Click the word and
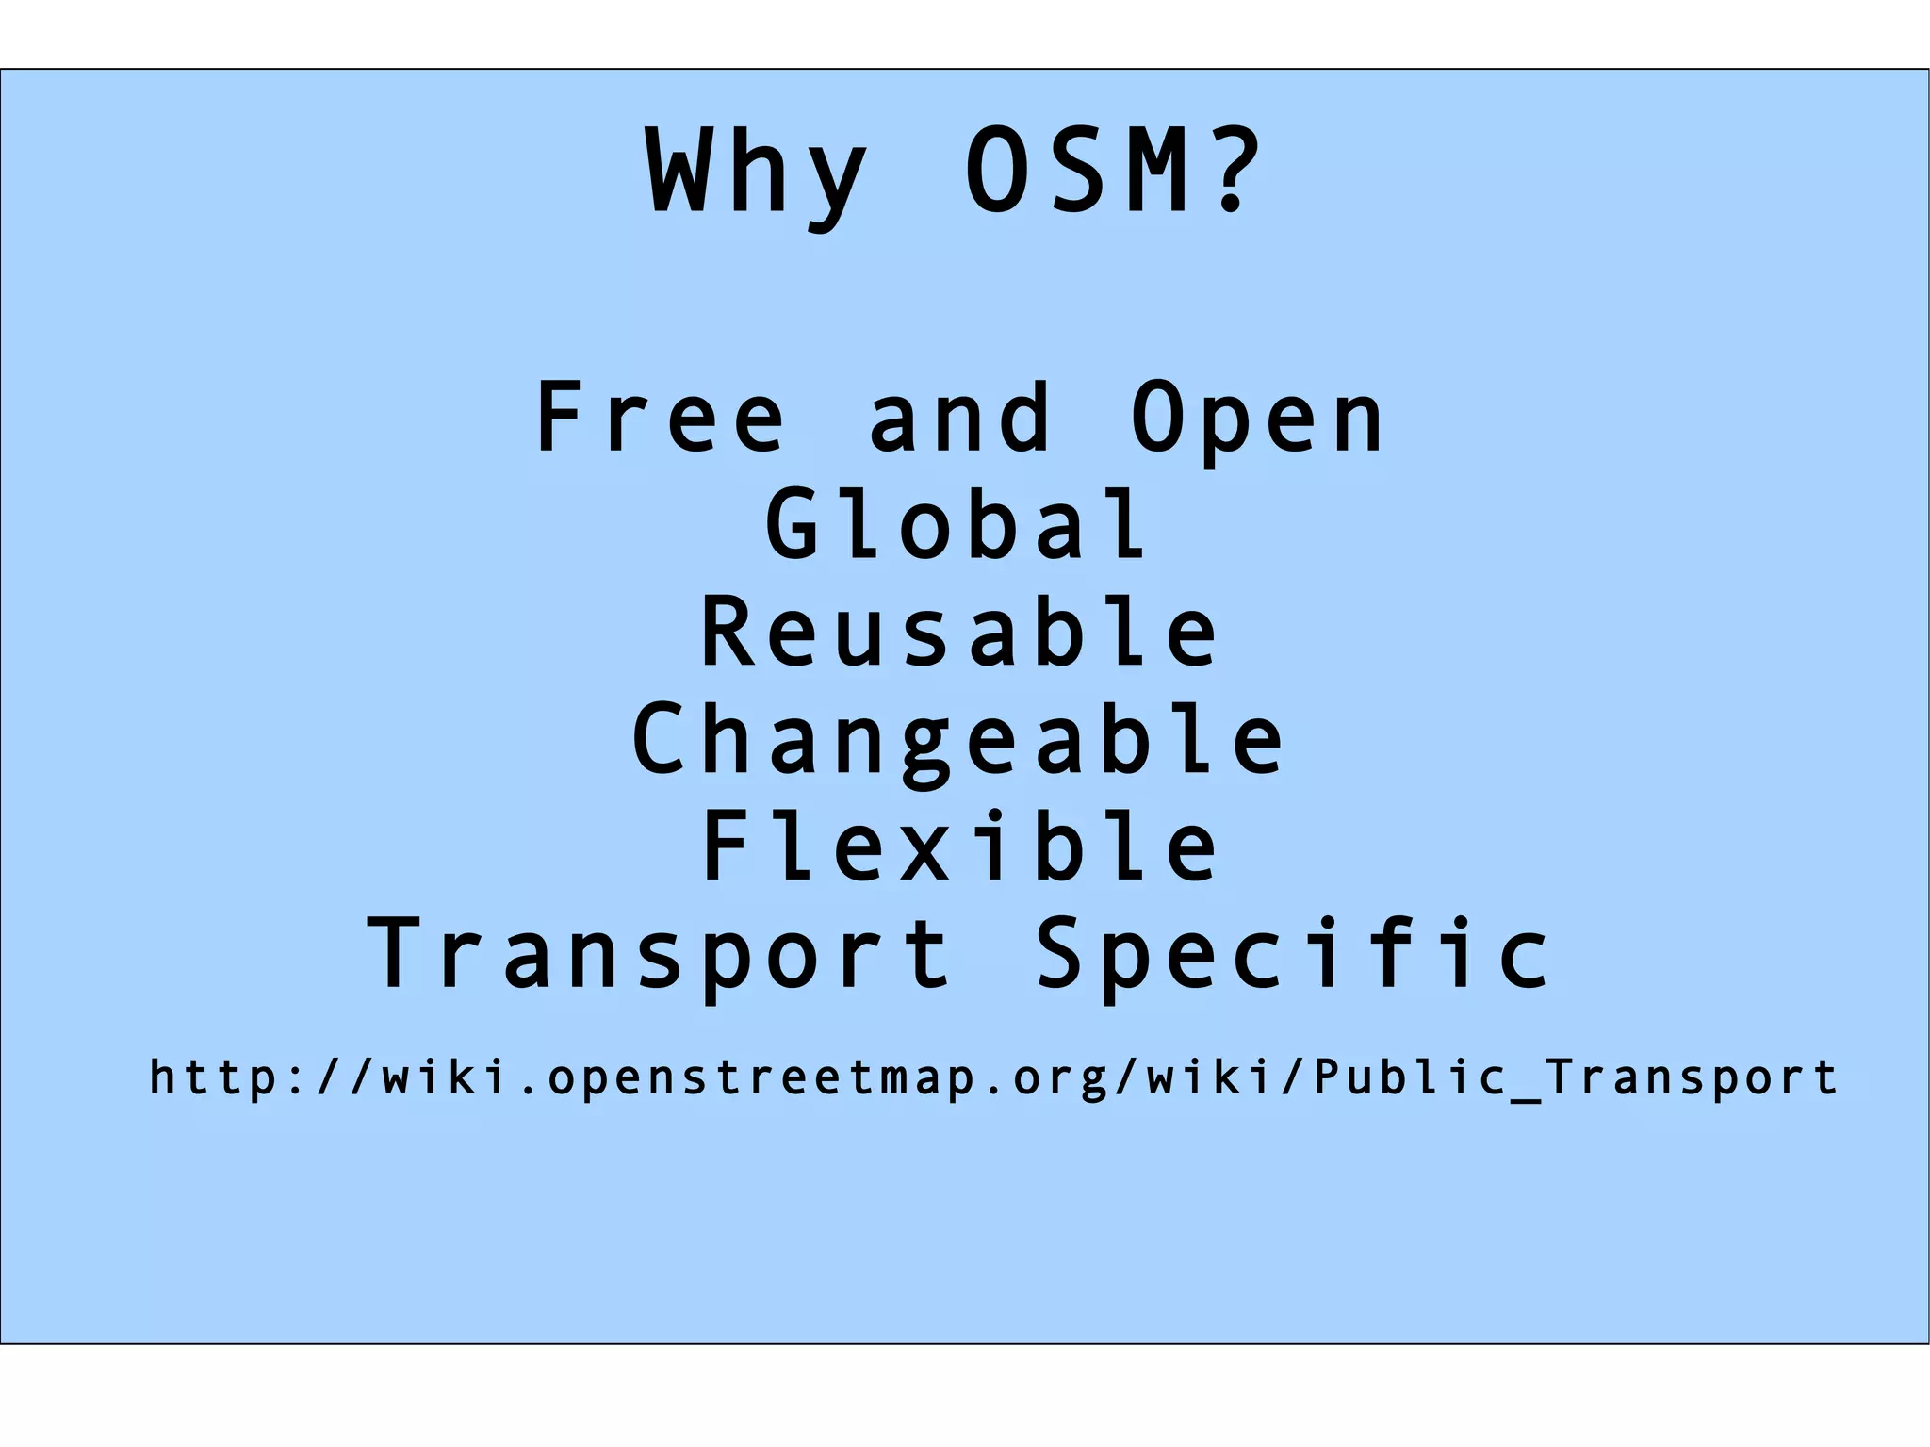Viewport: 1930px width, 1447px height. click(x=959, y=418)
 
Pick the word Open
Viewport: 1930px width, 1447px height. click(x=1257, y=419)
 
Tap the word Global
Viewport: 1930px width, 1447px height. click(x=956, y=525)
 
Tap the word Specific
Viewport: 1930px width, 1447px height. click(x=1293, y=955)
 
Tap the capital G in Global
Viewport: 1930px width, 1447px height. click(x=793, y=525)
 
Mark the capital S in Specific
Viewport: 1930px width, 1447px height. click(x=1063, y=953)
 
